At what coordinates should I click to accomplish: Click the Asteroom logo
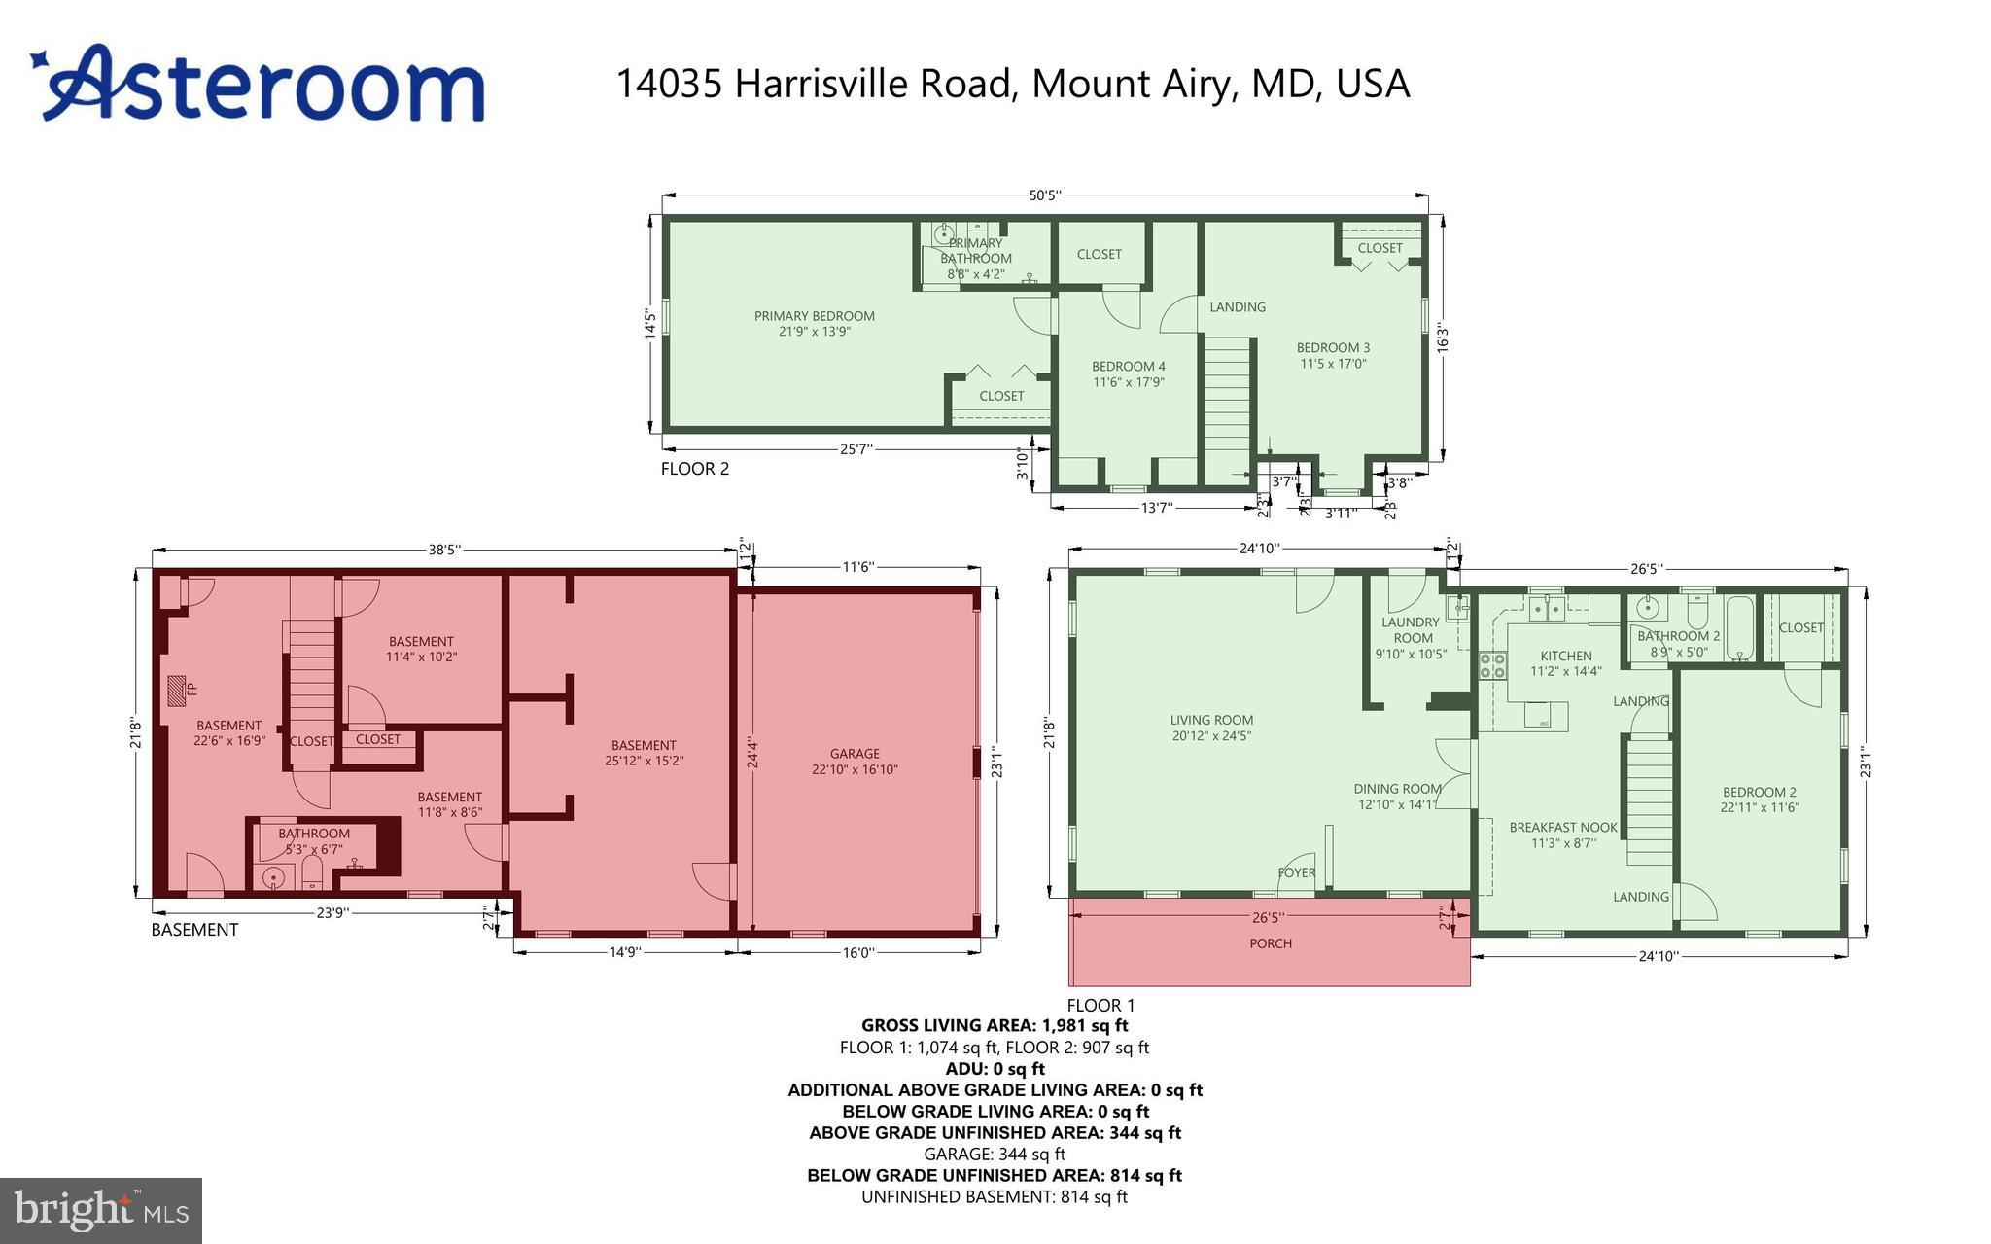pyautogui.click(x=258, y=84)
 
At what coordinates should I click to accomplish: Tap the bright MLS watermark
pyautogui.click(x=101, y=1209)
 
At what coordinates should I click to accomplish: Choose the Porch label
pyautogui.click(x=1271, y=943)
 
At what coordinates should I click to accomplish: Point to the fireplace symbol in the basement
pyautogui.click(x=177, y=690)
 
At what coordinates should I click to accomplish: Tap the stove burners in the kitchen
pyautogui.click(x=1492, y=665)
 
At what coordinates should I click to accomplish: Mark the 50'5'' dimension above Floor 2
pyautogui.click(x=1044, y=195)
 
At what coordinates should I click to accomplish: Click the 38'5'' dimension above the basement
pyautogui.click(x=444, y=551)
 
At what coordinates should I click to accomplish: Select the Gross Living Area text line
pyautogui.click(x=995, y=1025)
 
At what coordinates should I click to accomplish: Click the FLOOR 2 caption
pyautogui.click(x=694, y=469)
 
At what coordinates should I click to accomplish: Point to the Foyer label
pyautogui.click(x=1296, y=872)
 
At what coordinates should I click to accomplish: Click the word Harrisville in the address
pyautogui.click(x=871, y=84)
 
